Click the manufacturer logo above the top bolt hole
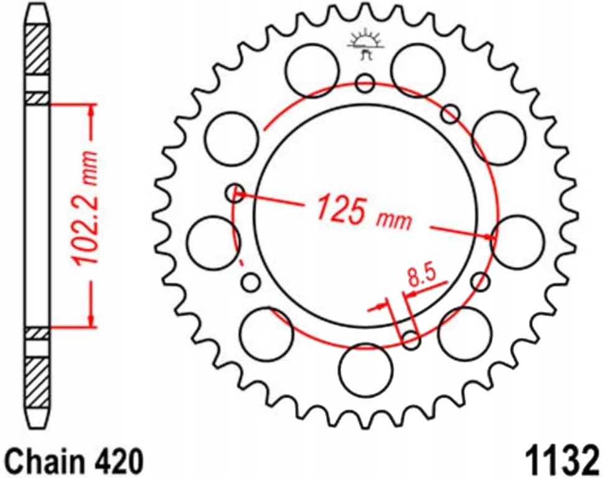(x=366, y=45)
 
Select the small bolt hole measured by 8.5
(x=411, y=339)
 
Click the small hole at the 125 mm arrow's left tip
(x=235, y=192)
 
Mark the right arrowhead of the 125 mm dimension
(x=489, y=236)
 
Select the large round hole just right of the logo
(x=417, y=70)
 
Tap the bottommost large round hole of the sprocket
(x=366, y=371)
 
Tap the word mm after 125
(x=394, y=220)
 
